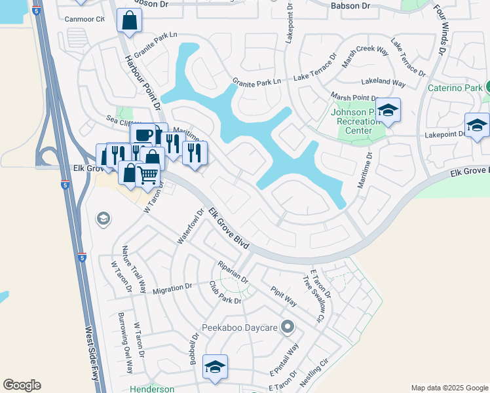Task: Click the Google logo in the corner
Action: click(22, 385)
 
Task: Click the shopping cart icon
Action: click(149, 175)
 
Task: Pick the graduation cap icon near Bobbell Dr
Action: click(214, 367)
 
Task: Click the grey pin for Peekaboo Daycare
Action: click(287, 326)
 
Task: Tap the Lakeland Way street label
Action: click(384, 83)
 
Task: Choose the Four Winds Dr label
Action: click(439, 29)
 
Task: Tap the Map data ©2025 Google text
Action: click(449, 387)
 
